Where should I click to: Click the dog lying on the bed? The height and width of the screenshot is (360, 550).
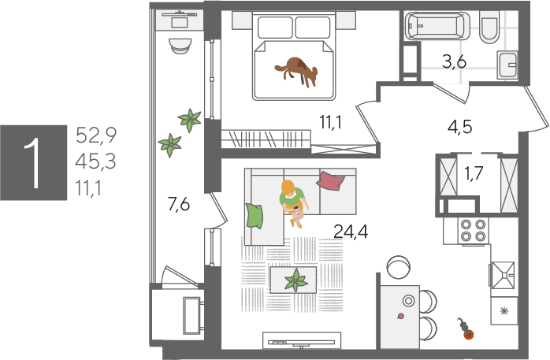297,71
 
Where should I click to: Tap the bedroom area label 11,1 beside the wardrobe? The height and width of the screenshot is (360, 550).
330,122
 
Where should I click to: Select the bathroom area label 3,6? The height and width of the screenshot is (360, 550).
454,61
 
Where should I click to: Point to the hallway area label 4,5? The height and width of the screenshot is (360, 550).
460,127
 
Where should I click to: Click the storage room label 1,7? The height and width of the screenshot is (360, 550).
474,173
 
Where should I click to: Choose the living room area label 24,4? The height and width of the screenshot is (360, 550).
351,232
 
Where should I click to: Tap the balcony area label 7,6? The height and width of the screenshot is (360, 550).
179,204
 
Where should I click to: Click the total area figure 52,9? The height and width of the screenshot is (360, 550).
96,135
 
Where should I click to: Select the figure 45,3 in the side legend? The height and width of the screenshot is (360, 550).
95,161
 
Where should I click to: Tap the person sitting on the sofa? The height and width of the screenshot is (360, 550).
293,202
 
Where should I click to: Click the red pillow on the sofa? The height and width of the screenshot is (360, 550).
330,180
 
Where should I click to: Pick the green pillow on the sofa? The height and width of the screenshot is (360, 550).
255,216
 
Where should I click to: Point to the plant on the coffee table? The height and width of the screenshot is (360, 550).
296,280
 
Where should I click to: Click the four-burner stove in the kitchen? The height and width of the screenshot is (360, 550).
473,231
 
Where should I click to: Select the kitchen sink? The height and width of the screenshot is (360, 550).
503,275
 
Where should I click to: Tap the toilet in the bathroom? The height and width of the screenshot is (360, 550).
489,28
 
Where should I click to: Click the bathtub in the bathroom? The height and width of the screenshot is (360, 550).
437,25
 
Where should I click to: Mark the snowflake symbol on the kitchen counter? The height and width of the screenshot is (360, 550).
504,310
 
